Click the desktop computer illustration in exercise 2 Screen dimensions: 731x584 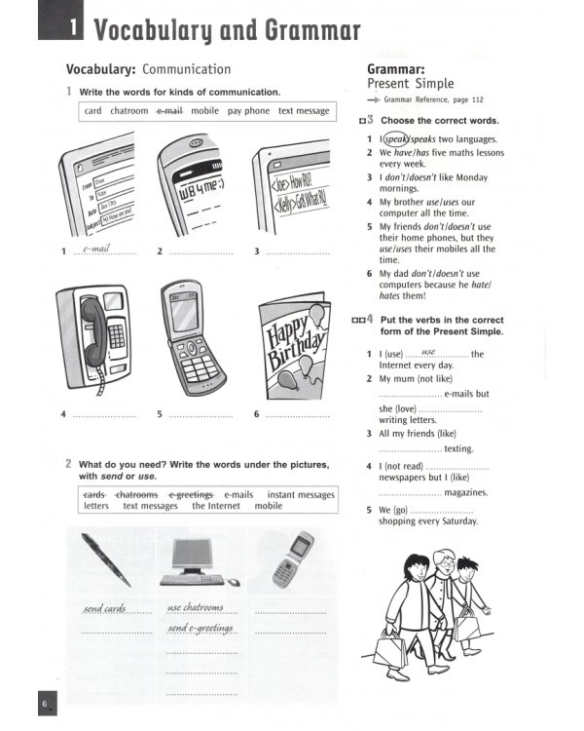[199, 562]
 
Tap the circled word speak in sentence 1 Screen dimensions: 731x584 [394, 139]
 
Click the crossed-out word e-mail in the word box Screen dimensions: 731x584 [169, 111]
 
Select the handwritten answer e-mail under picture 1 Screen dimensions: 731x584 [98, 249]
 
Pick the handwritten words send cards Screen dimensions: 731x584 [105, 609]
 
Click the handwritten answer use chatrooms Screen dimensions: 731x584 [195, 608]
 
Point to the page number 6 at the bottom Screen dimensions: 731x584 [45, 704]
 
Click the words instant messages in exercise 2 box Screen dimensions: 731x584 [301, 494]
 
